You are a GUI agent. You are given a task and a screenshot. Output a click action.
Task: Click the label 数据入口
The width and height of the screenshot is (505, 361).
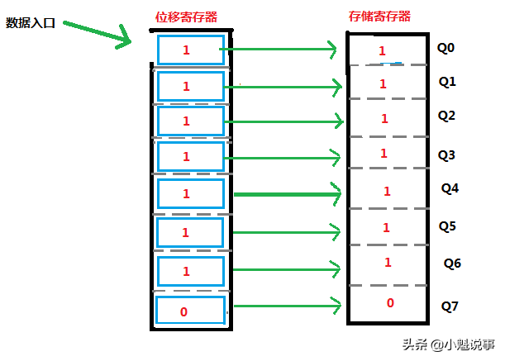[x=31, y=22]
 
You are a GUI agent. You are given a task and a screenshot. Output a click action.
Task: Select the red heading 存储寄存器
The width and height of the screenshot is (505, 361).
[x=380, y=17]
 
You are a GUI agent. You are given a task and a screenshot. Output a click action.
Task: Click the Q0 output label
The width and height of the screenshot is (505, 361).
[x=446, y=48]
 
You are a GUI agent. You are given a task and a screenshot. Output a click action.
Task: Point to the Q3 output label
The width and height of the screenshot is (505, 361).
[x=447, y=154]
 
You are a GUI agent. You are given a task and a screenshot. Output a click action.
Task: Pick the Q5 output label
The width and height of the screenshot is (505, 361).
[x=447, y=226]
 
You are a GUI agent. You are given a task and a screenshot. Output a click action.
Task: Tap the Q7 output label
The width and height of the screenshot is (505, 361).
[x=450, y=306]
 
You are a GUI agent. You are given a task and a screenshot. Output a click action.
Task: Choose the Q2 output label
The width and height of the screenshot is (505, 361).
[x=446, y=116]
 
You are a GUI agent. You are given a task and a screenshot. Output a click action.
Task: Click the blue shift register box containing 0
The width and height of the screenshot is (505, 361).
[x=190, y=311]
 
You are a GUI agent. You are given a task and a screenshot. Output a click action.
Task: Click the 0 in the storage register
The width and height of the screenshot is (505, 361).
[x=390, y=303]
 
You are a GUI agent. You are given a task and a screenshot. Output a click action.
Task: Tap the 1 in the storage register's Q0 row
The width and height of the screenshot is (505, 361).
[x=382, y=51]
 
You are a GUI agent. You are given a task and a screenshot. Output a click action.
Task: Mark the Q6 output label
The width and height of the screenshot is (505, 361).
[x=452, y=264]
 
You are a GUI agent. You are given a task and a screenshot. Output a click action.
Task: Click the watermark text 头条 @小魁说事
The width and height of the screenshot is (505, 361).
[x=448, y=344]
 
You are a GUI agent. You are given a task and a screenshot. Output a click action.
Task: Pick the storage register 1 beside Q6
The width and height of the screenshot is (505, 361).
[x=387, y=262]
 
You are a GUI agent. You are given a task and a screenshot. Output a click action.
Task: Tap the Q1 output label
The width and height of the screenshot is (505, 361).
[x=447, y=82]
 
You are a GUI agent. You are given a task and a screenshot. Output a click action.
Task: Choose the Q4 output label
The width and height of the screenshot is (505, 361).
[x=450, y=188]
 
